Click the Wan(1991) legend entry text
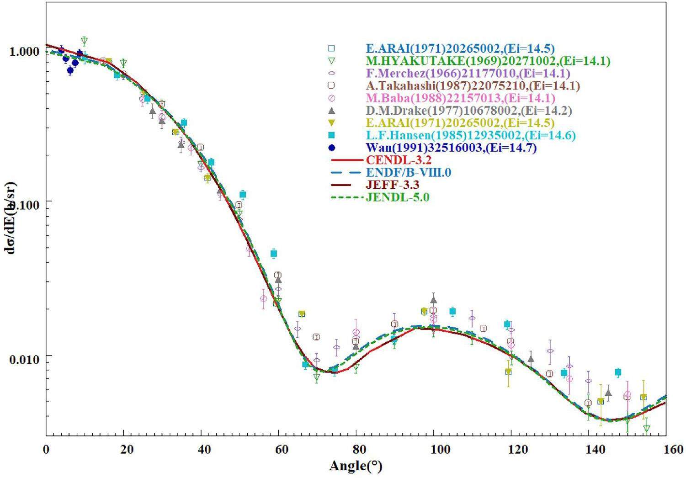pos(451,148)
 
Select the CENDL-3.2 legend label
pos(399,160)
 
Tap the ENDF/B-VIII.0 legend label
pos(409,173)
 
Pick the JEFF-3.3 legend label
pos(393,185)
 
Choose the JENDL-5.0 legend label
pos(398,197)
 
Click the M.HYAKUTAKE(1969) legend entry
pos(488,61)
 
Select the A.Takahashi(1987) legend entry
pos(473,85)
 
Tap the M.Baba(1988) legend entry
pos(460,98)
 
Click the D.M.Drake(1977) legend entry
pos(468,111)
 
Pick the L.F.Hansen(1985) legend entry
pos(471,136)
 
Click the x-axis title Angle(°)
pos(355,467)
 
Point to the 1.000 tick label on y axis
pos(25,51)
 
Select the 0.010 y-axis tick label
pos(25,360)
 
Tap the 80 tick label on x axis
pos(356,450)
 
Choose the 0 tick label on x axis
pos(46,450)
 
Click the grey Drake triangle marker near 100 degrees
pos(433,300)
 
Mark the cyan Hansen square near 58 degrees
pos(274,254)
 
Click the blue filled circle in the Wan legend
pos(332,148)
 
